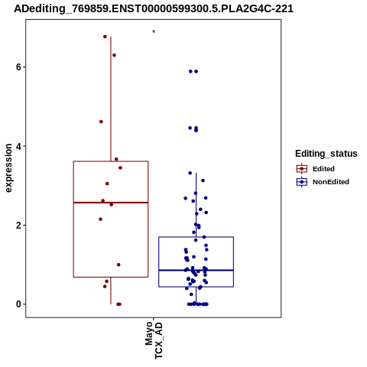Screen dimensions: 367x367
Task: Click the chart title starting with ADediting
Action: tap(154, 8)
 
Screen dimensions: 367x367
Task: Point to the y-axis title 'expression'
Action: tap(8, 168)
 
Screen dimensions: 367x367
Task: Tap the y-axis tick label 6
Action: tap(18, 67)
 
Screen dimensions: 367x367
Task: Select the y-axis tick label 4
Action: tap(18, 146)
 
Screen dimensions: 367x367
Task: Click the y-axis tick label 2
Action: tap(18, 226)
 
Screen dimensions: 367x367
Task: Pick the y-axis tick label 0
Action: tap(18, 304)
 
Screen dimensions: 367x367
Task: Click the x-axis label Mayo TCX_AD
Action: tap(154, 340)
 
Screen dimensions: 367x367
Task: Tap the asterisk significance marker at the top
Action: tap(154, 31)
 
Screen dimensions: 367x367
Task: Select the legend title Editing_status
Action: tap(326, 154)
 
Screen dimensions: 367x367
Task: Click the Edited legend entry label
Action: tap(323, 169)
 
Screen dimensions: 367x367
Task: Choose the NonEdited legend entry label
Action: tap(331, 182)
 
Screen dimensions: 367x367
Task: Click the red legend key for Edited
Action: tap(302, 169)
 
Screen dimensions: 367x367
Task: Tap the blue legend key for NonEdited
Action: tap(302, 182)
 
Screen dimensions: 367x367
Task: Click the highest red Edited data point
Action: tap(105, 37)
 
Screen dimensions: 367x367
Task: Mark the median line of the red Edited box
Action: tap(111, 203)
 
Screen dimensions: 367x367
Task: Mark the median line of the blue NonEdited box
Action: tap(196, 270)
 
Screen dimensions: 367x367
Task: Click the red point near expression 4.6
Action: tap(101, 122)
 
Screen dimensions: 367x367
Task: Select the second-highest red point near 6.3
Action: tap(115, 55)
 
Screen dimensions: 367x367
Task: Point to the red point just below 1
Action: tap(119, 265)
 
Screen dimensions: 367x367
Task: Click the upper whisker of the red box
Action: tap(111, 99)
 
